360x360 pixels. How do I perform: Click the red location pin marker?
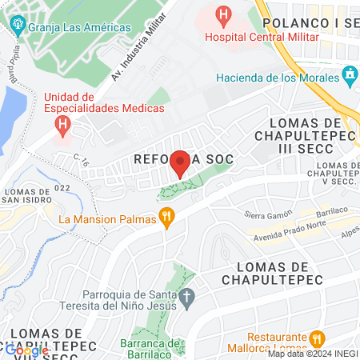180,163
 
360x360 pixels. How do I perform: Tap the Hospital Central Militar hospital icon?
223,14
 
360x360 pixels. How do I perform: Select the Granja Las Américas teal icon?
18,26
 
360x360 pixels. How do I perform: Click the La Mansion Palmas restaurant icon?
167,218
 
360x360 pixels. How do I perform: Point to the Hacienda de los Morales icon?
349,77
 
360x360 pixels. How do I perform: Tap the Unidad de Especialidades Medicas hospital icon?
62,124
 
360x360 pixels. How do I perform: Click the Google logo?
26,350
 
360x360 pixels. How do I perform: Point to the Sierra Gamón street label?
265,215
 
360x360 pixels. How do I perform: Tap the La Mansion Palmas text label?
108,218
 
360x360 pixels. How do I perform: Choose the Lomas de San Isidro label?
33,196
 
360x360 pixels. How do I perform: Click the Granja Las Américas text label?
78,27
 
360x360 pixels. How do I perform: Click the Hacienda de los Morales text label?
277,78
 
